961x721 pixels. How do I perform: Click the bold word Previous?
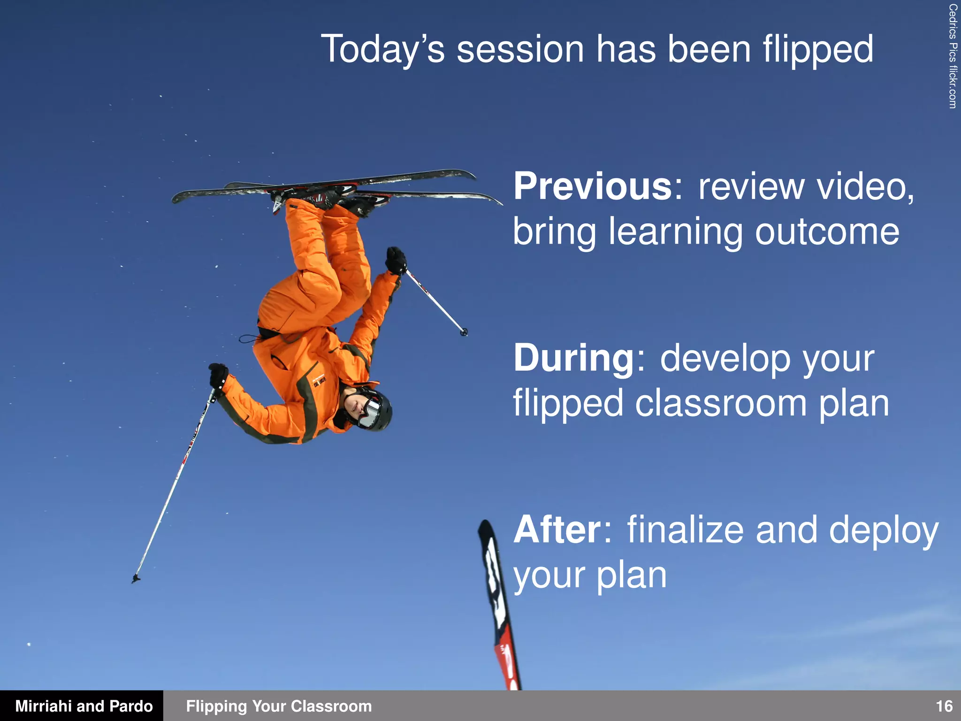coord(593,186)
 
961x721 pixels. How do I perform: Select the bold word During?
coord(574,358)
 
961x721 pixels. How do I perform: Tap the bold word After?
coord(557,530)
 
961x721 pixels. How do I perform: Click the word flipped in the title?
coord(817,50)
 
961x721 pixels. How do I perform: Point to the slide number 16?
coord(944,706)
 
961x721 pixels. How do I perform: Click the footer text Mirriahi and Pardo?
coord(84,706)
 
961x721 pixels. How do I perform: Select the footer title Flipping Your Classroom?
coord(279,706)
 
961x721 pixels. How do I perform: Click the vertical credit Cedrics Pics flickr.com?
coord(952,56)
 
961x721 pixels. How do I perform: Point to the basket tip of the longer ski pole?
coord(136,578)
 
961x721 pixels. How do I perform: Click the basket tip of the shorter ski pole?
coord(464,332)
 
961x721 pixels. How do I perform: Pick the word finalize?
coord(685,530)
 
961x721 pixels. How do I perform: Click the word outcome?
coord(827,232)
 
